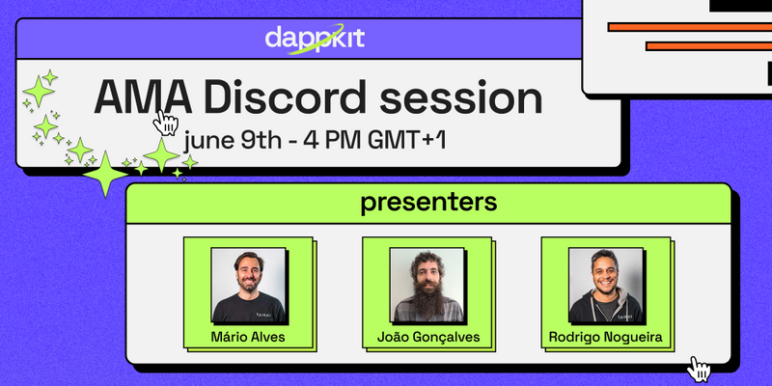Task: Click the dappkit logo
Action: tap(316, 39)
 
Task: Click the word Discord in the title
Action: tap(285, 97)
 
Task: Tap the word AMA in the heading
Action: tap(143, 97)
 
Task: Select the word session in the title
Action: tap(461, 98)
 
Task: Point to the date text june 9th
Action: tap(232, 141)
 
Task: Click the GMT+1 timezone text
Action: tap(406, 141)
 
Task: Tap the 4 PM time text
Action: tap(332, 141)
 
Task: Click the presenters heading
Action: tap(428, 203)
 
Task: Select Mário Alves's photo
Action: tap(249, 285)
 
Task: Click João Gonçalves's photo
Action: tap(427, 285)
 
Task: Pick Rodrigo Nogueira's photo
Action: tap(606, 285)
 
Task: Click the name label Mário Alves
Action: tap(248, 337)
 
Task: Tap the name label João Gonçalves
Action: tap(428, 338)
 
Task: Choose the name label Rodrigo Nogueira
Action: tap(606, 338)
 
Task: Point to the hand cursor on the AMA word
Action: tap(165, 124)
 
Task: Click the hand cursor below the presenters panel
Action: tap(698, 370)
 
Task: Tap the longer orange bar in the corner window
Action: tap(690, 27)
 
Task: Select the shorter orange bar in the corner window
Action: tap(708, 45)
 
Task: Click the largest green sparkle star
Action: tap(105, 175)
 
